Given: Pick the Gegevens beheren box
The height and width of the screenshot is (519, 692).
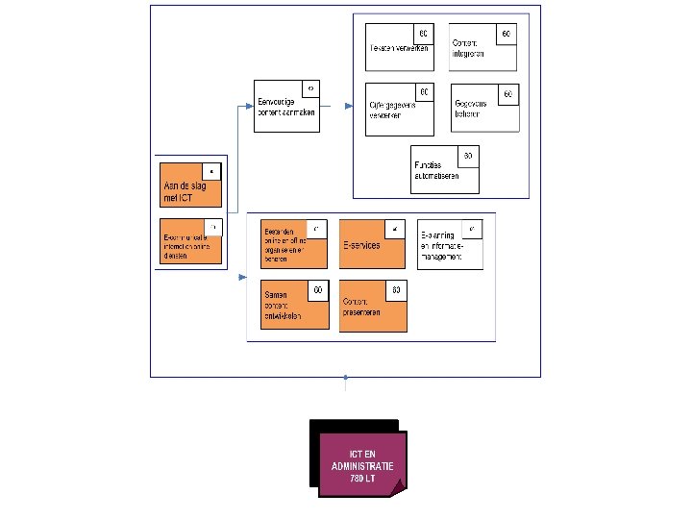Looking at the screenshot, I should point(486,108).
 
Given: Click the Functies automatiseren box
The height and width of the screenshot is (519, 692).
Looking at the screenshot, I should point(444,170).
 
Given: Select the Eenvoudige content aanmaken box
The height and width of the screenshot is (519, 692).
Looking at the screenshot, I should point(286,106).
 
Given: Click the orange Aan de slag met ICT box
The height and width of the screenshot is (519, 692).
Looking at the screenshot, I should point(191,185).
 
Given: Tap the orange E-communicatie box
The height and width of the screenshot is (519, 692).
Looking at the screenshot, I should point(191,242).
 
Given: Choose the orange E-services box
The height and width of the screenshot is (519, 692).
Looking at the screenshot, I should point(372,245).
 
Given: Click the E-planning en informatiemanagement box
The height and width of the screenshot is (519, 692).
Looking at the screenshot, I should point(450,244).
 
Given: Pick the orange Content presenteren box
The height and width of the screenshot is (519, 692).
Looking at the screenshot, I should point(372,306).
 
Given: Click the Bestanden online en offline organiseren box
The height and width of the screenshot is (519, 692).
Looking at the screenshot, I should point(293,245).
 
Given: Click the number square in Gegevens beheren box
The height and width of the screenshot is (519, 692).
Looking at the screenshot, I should point(510,93).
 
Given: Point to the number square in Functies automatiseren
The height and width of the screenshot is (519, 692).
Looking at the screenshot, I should point(468,155).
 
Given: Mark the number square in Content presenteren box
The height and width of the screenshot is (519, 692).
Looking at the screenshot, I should point(396,289).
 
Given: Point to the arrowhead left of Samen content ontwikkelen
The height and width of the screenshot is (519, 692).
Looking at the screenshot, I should point(240,278).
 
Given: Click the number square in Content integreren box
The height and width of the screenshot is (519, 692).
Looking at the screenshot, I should point(507,34).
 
